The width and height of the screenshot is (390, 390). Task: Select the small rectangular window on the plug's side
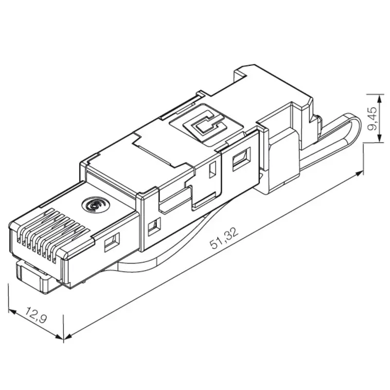[x=111, y=242]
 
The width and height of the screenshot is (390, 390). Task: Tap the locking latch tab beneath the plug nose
[x=35, y=277]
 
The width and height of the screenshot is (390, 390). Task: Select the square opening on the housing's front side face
[x=152, y=226]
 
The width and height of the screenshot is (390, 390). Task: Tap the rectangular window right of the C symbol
[x=239, y=161]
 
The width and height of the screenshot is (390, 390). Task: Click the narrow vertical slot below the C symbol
[x=212, y=170]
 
